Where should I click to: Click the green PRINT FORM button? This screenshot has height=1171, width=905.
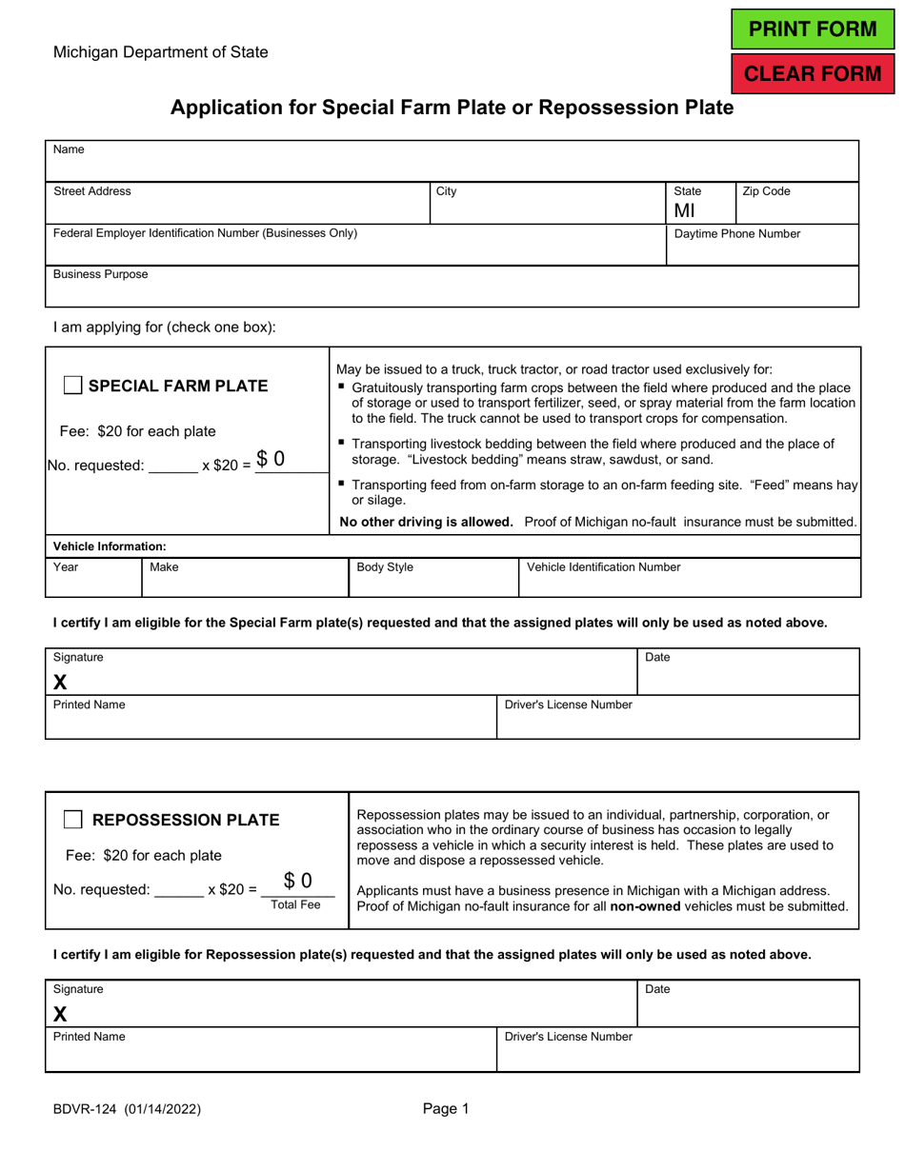pyautogui.click(x=813, y=29)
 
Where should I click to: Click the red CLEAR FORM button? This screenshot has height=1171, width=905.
pyautogui.click(x=813, y=74)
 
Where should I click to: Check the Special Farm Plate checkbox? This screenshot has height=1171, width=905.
pyautogui.click(x=72, y=386)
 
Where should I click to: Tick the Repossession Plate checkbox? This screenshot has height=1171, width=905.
pyautogui.click(x=72, y=820)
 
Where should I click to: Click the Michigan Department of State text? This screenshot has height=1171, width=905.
pyautogui.click(x=160, y=52)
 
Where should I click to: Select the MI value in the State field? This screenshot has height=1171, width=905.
pyautogui.click(x=685, y=210)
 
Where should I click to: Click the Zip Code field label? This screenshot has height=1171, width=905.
pyautogui.click(x=766, y=191)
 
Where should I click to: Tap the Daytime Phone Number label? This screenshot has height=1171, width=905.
pyautogui.click(x=737, y=233)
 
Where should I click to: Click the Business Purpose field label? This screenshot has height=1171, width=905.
pyautogui.click(x=100, y=274)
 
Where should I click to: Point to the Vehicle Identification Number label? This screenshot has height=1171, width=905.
pyautogui.click(x=603, y=567)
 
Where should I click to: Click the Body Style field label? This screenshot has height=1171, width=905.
pyautogui.click(x=385, y=567)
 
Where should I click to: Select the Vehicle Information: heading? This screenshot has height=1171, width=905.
pyautogui.click(x=110, y=546)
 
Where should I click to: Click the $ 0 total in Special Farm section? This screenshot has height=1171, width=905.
pyautogui.click(x=270, y=459)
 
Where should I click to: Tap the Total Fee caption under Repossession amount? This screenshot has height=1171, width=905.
pyautogui.click(x=295, y=904)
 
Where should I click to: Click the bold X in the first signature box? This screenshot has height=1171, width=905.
pyautogui.click(x=61, y=682)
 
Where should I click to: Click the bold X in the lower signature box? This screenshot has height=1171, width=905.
pyautogui.click(x=61, y=1013)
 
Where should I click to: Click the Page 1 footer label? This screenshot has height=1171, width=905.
pyautogui.click(x=447, y=1108)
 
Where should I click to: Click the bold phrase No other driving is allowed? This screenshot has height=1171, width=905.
pyautogui.click(x=427, y=521)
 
